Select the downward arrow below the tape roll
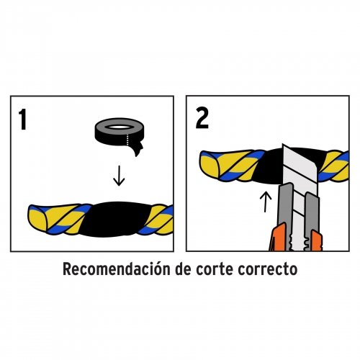click(119, 173)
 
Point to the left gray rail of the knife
click(286, 209)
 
